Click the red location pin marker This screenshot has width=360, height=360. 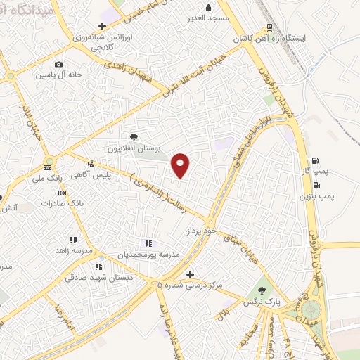(181, 165)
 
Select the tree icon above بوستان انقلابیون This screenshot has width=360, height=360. (134, 136)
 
